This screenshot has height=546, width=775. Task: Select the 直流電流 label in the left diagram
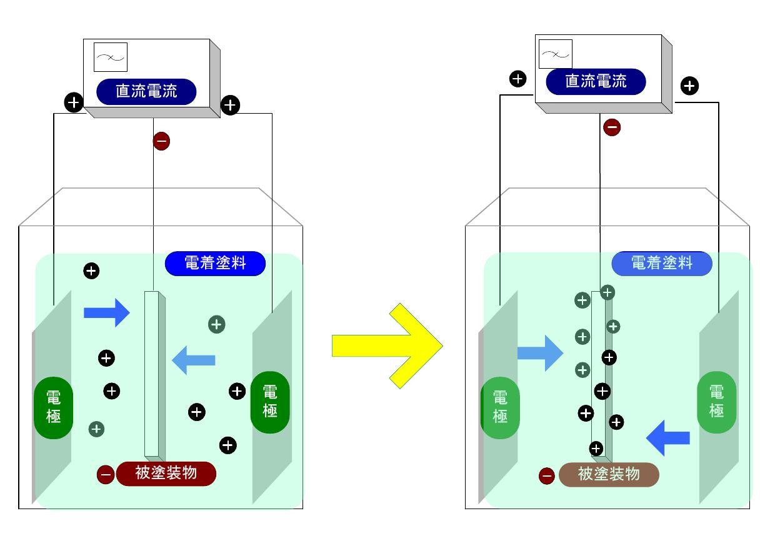146,91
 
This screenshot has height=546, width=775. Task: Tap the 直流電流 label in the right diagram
596,81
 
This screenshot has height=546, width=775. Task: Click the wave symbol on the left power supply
110,57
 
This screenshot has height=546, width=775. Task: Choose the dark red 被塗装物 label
166,473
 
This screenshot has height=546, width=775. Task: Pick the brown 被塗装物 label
608,475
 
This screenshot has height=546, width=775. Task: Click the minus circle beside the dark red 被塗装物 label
106,474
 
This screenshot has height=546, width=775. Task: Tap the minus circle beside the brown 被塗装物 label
547,476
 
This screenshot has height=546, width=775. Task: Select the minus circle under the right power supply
612,127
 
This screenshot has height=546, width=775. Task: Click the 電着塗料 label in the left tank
215,264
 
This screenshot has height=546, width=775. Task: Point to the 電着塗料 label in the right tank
661,264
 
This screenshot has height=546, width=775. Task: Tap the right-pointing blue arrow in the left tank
106,312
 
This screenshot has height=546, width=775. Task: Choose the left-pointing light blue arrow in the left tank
194,360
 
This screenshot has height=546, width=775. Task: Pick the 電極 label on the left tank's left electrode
54,407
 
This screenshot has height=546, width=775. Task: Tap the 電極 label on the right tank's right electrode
716,402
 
